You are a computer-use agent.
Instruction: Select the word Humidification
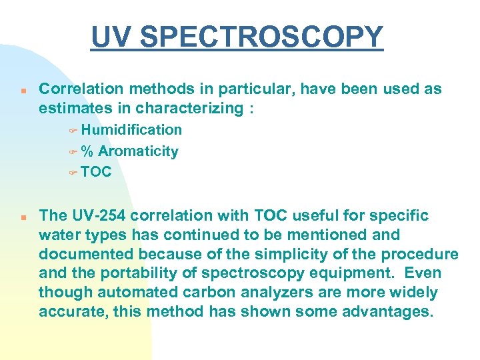pos(131,129)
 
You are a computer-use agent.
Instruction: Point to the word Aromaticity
pos(138,151)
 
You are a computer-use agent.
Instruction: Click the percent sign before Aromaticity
pos(87,151)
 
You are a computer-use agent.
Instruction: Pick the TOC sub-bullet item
pos(97,172)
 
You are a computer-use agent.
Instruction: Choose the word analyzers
pos(251,293)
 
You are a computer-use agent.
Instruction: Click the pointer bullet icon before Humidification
pos(73,131)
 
